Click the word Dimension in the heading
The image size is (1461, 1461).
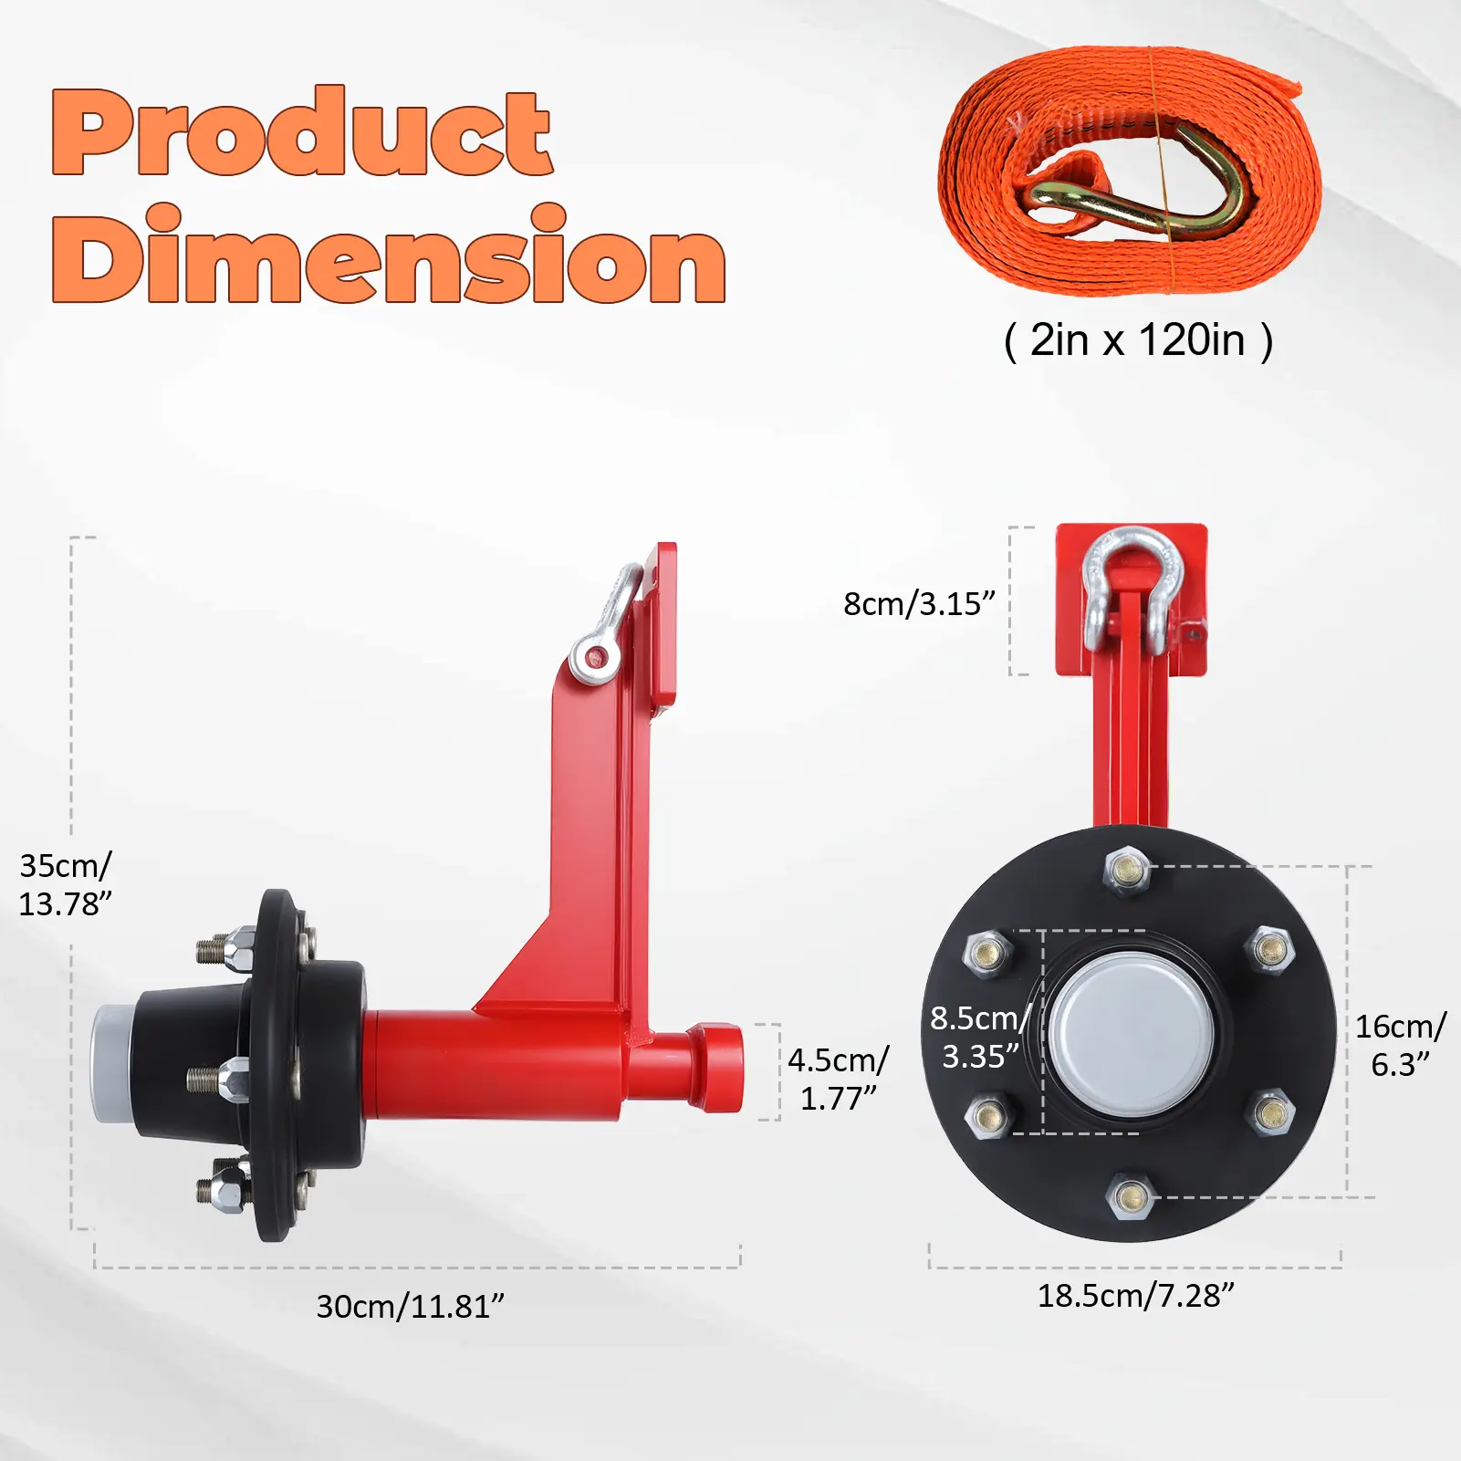tap(389, 255)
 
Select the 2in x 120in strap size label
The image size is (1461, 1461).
tap(1138, 340)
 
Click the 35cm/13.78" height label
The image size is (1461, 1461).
tap(66, 884)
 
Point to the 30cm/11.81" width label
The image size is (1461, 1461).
tap(410, 1307)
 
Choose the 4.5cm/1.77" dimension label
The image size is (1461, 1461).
tap(838, 1079)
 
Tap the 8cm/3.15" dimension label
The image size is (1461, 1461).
tap(919, 604)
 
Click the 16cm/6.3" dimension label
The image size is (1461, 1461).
tap(1400, 1045)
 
